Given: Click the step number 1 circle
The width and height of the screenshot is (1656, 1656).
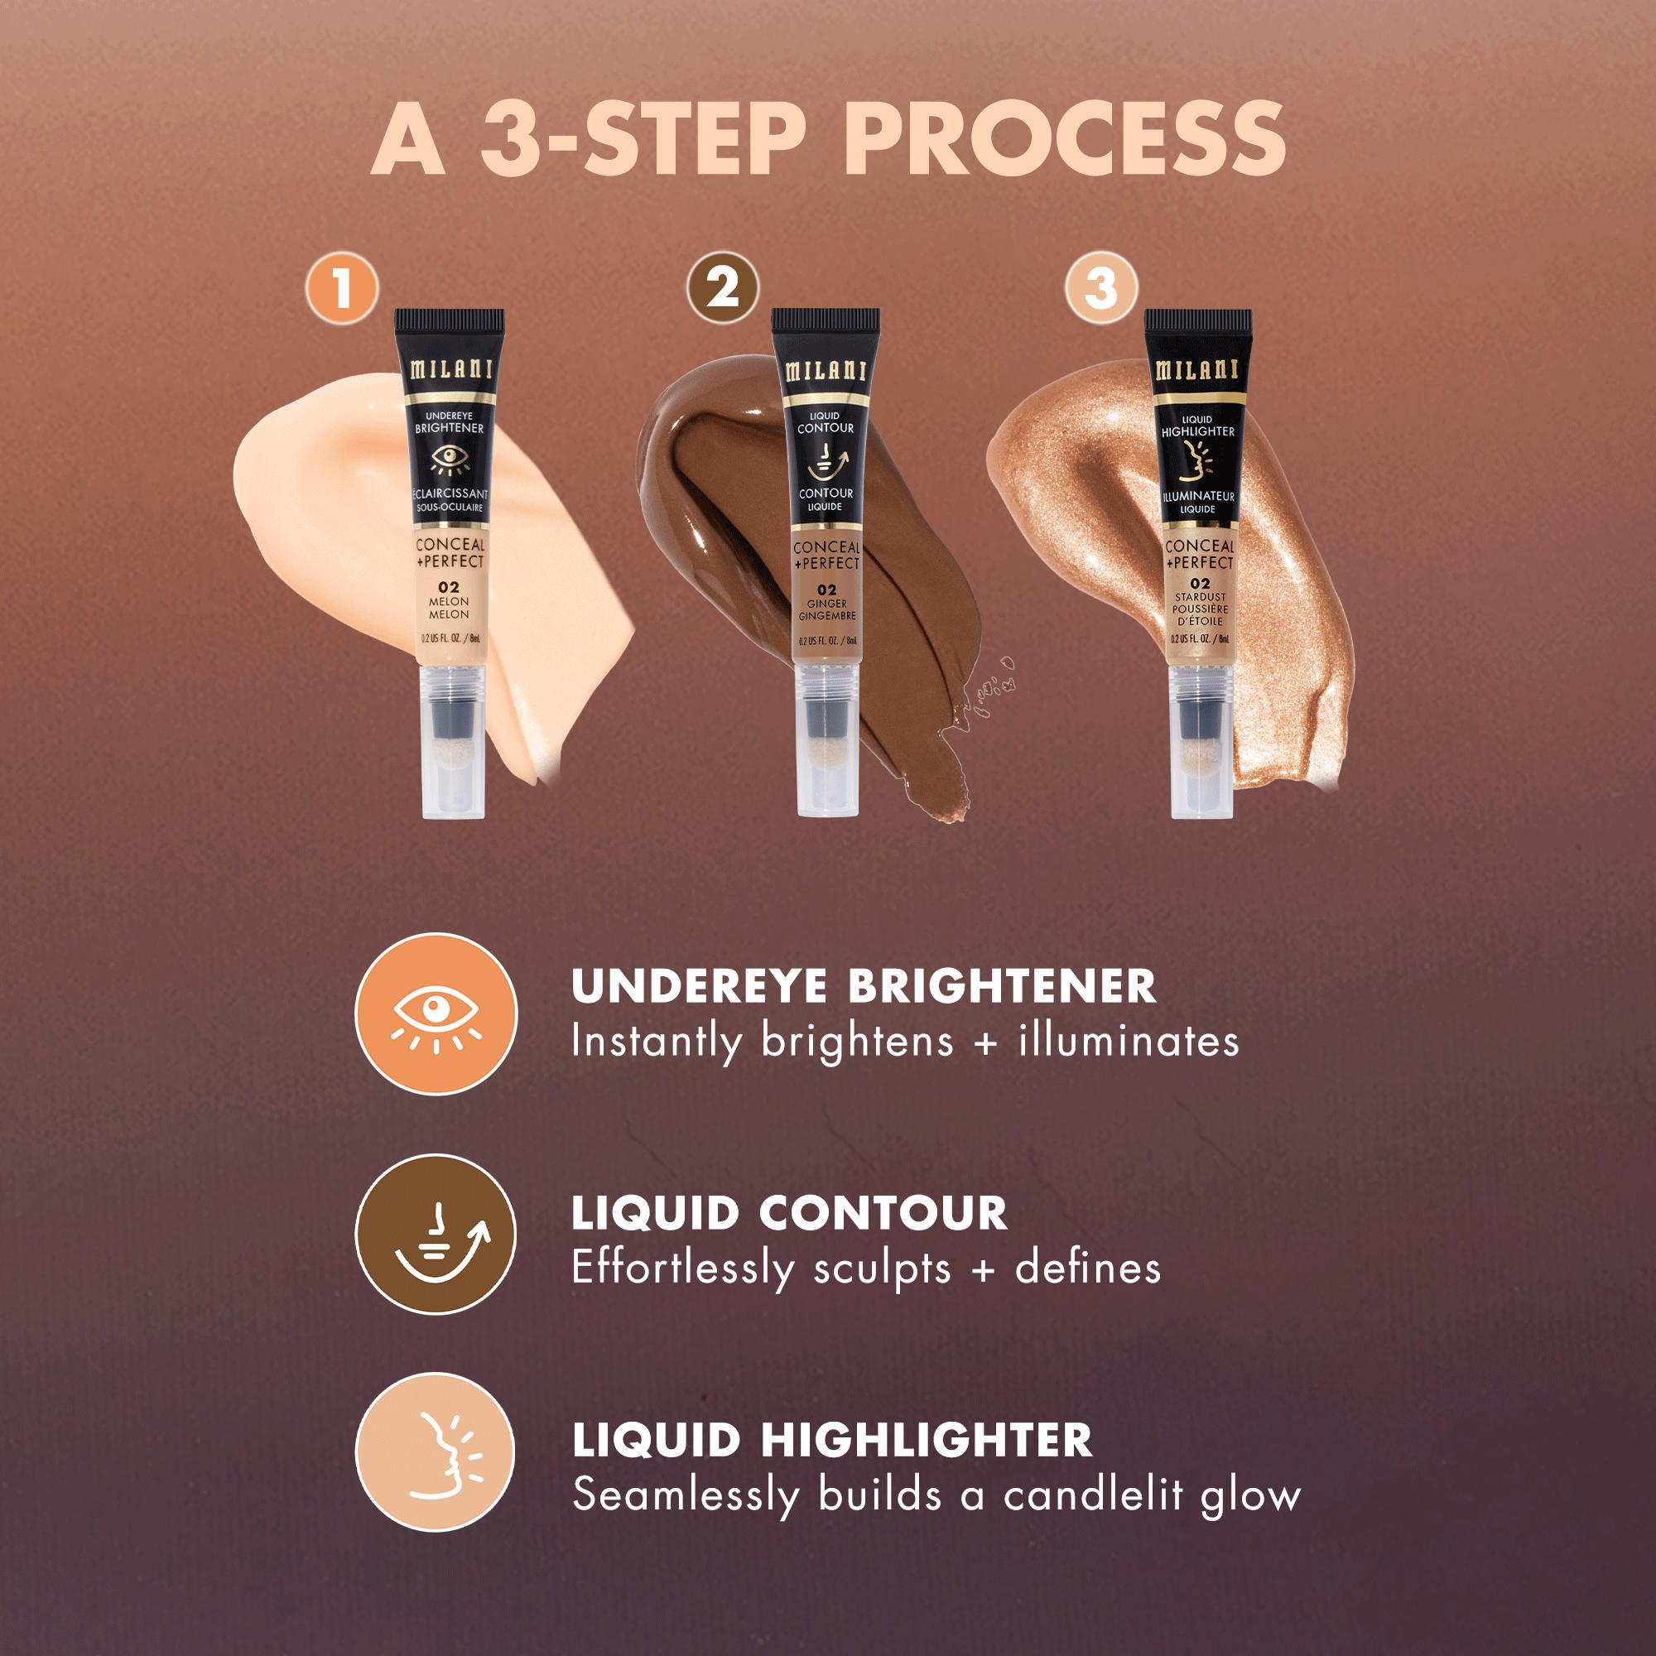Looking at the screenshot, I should click(342, 289).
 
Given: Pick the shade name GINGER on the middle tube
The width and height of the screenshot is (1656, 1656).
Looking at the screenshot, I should click(826, 604).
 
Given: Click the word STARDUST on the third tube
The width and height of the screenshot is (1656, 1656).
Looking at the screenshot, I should click(1201, 596).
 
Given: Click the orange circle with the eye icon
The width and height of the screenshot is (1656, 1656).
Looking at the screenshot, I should click(436, 1013).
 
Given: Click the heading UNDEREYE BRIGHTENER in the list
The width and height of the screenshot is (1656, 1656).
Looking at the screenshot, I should click(863, 985).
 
